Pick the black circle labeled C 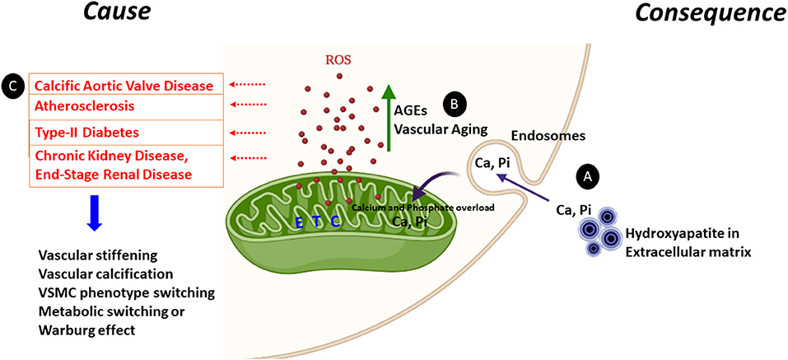[x=13, y=85]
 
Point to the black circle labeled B [x=454, y=104]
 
